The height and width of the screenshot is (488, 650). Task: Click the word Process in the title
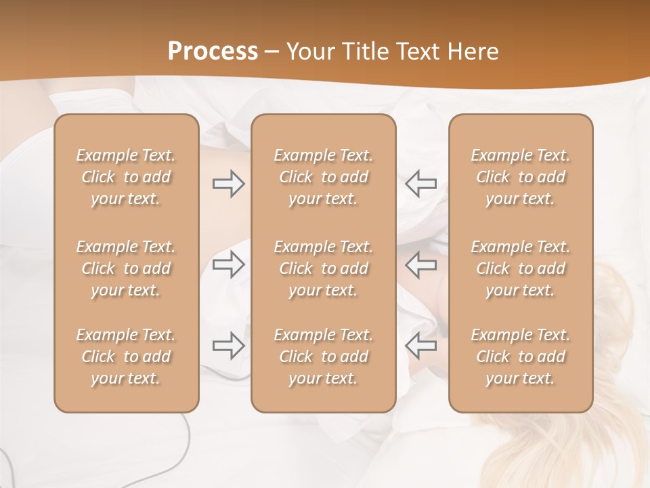coord(213,52)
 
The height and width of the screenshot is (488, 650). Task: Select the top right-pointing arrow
coord(228,184)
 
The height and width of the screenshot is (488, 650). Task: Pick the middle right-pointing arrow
coord(228,264)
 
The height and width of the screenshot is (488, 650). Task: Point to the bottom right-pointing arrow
coord(228,346)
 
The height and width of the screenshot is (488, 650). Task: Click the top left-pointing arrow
coord(420,184)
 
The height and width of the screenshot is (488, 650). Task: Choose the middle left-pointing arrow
coord(420,264)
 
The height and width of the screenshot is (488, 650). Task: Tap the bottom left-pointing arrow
coord(420,346)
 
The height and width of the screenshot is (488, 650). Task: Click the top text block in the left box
coord(126,177)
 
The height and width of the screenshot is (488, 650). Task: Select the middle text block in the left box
coord(126,268)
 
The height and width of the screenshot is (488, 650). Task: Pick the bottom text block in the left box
coord(126,357)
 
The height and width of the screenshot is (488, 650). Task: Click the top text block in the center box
coord(323,177)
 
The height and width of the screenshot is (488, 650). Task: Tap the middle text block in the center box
coord(323,268)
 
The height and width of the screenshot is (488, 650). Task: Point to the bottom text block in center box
coord(323,357)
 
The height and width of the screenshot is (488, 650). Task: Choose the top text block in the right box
coord(520,177)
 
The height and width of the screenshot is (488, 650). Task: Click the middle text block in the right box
coord(520,268)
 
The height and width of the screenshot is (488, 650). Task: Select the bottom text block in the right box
coord(520,357)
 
